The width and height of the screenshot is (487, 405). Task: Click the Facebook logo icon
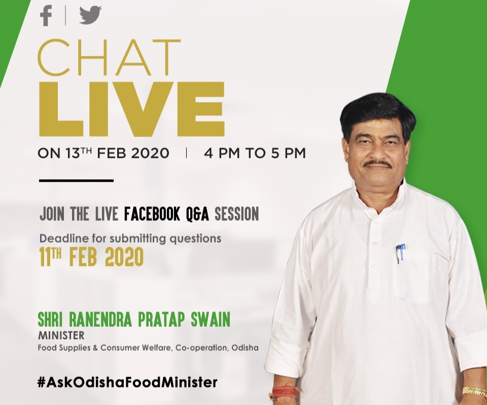(x=46, y=16)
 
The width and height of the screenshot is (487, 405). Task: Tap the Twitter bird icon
(x=90, y=15)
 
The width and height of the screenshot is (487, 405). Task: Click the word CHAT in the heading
(x=109, y=57)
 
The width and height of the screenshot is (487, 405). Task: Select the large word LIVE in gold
(x=132, y=109)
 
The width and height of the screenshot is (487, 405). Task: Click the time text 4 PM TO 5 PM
(x=255, y=153)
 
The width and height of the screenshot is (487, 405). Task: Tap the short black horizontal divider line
(x=76, y=180)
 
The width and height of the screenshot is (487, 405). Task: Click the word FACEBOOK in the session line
(x=152, y=214)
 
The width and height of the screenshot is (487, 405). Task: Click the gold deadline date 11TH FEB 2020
(x=91, y=257)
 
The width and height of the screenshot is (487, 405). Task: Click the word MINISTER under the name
(x=61, y=335)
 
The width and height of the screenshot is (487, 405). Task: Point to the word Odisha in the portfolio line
(x=245, y=348)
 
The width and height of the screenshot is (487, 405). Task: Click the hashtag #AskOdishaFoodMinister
(x=127, y=382)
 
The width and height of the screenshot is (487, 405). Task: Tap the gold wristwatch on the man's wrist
(x=474, y=391)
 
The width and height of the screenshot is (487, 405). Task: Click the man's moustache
(x=377, y=163)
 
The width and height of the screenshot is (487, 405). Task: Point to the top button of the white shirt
(x=377, y=223)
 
